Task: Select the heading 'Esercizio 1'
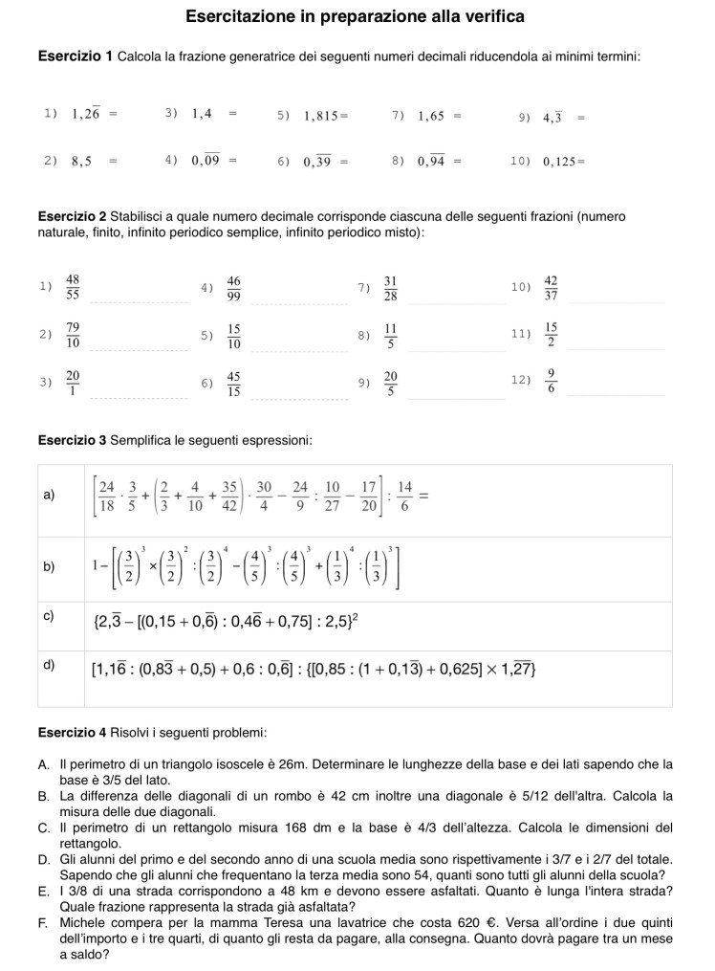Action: (x=76, y=57)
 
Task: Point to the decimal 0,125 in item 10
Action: (x=560, y=162)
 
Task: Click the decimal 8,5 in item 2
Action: (x=81, y=162)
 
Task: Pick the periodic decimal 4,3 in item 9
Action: (x=552, y=118)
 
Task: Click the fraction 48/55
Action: (x=73, y=287)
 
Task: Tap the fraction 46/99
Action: (x=234, y=287)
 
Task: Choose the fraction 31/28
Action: (x=390, y=287)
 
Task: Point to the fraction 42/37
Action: (x=551, y=287)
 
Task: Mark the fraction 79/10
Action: (x=73, y=335)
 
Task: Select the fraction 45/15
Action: (x=234, y=383)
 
